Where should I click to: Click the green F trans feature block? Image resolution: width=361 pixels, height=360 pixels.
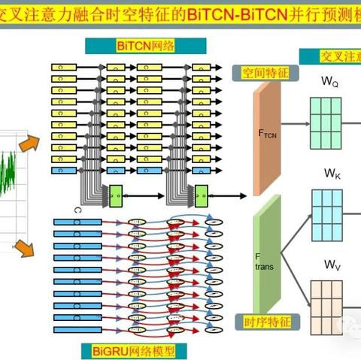click(x=265, y=259)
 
